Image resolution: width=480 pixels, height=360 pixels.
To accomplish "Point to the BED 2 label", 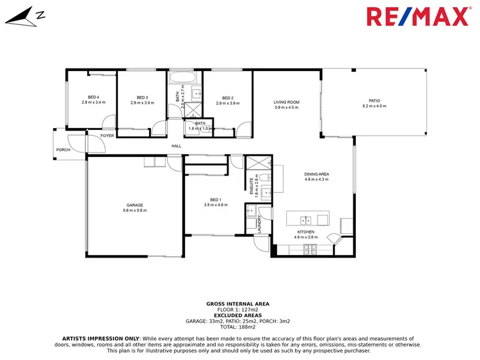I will pyautogui.click(x=227, y=97).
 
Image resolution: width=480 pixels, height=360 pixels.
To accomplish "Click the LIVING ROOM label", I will pyautogui.click(x=287, y=102).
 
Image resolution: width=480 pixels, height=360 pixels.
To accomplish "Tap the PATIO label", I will pyautogui.click(x=374, y=101).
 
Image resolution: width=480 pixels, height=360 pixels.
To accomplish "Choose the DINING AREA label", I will pyautogui.click(x=316, y=174).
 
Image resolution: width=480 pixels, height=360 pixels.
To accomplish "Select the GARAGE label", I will pyautogui.click(x=134, y=205).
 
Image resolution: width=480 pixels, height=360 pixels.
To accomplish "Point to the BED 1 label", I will pyautogui.click(x=216, y=199).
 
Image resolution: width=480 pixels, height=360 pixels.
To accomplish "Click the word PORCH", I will pyautogui.click(x=63, y=150).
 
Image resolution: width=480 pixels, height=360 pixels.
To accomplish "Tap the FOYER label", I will pyautogui.click(x=106, y=136).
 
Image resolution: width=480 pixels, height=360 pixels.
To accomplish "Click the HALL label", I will pyautogui.click(x=176, y=146).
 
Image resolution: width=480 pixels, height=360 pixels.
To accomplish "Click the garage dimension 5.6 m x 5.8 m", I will pyautogui.click(x=134, y=210).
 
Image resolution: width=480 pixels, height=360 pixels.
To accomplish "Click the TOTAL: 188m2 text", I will pyautogui.click(x=237, y=326).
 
